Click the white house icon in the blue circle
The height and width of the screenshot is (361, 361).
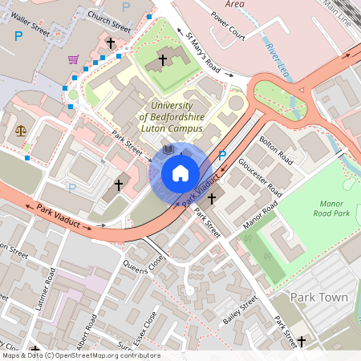(x=180, y=173)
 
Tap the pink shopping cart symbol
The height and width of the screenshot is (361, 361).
(x=73, y=59)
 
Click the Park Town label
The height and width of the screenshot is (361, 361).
(x=318, y=298)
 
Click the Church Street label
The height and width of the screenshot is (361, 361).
(x=109, y=16)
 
